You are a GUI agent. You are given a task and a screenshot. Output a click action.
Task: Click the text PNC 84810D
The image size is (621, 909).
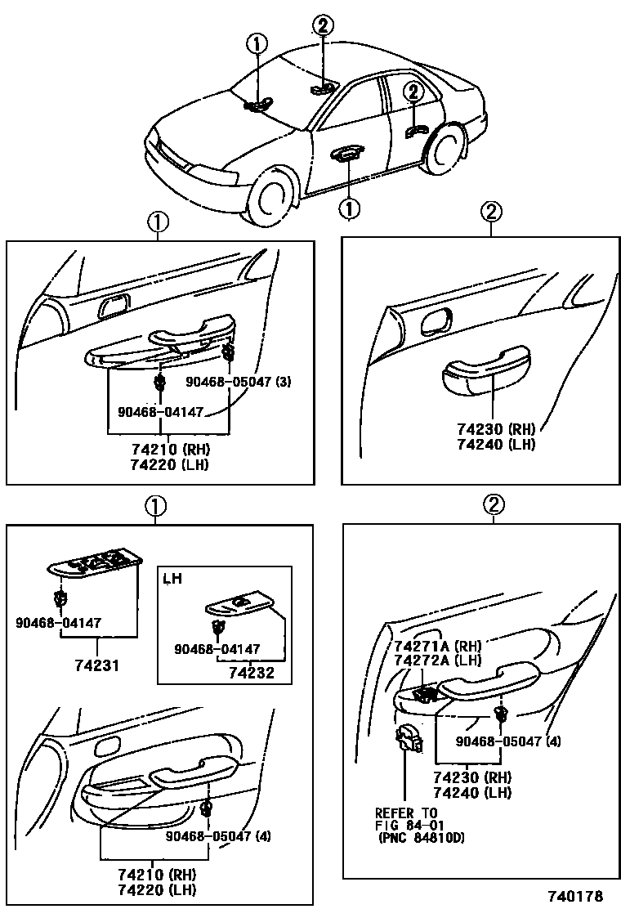[422, 839]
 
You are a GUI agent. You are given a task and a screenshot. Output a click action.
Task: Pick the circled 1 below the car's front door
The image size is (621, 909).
[349, 209]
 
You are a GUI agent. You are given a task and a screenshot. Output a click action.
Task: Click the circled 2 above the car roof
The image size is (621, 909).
[323, 26]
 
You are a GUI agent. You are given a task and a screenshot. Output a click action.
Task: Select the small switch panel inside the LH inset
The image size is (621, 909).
[239, 604]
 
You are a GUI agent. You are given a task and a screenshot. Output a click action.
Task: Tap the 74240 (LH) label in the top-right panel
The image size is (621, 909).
[496, 445]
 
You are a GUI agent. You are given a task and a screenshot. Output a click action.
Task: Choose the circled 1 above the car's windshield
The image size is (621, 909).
[257, 43]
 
